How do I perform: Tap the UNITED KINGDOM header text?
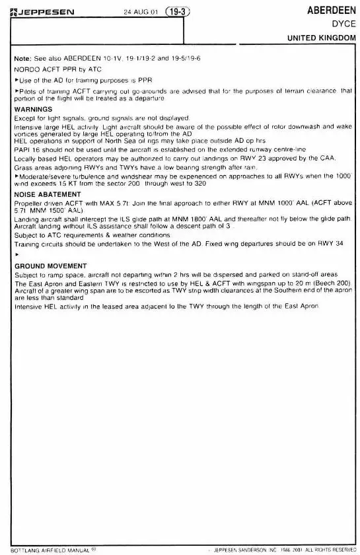(x=321, y=38)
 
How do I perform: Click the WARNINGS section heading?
(x=33, y=108)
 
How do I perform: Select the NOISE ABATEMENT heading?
(x=47, y=194)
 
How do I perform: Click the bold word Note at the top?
(x=23, y=58)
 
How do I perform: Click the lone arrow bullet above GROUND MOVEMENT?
(x=17, y=254)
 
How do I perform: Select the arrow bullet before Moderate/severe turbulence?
(x=17, y=177)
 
